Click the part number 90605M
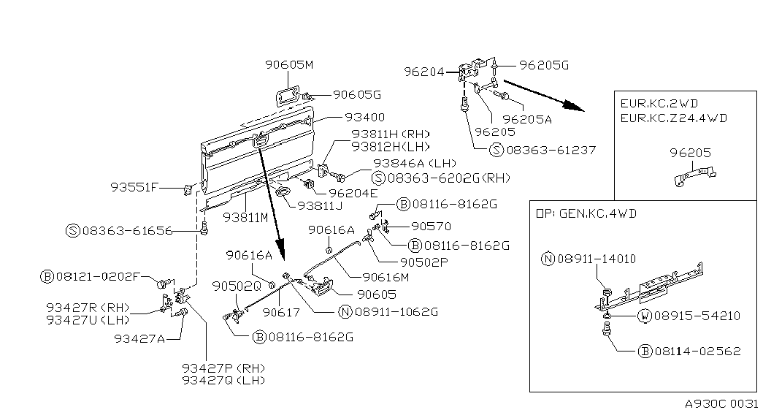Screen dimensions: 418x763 [x=288, y=65]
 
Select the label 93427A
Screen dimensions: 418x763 [x=138, y=338]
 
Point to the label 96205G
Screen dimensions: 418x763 [x=543, y=65]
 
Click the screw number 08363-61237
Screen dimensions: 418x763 [x=549, y=150]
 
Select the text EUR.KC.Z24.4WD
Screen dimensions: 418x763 [x=674, y=117]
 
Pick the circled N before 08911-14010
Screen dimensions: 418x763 [x=548, y=259]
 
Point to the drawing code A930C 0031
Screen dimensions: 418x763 [x=722, y=404]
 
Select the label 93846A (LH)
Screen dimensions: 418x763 [x=404, y=163]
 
